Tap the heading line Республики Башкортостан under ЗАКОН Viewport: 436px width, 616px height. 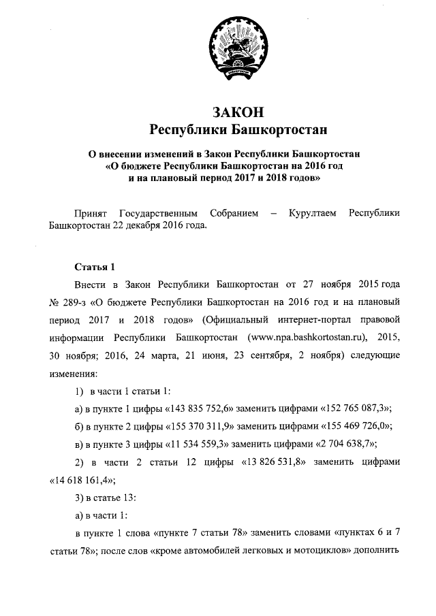pyautogui.click(x=238, y=128)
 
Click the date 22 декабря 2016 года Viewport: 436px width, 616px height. pyautogui.click(x=160, y=227)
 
